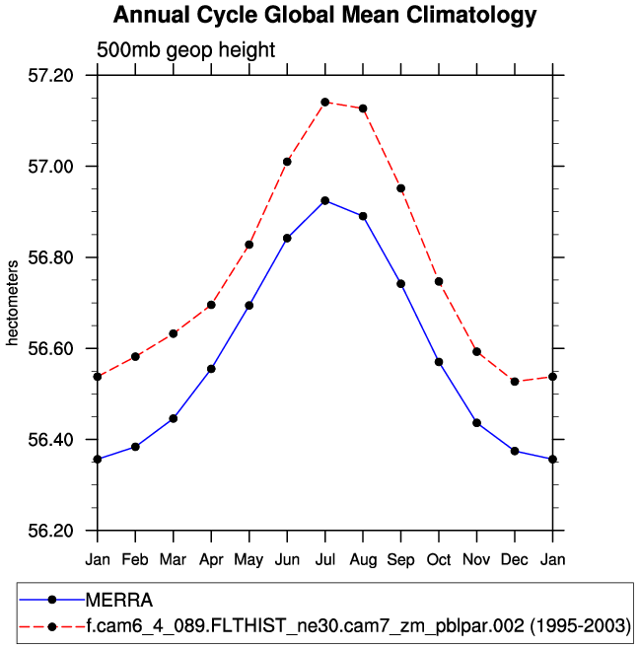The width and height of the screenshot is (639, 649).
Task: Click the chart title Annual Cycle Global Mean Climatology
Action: [x=325, y=16]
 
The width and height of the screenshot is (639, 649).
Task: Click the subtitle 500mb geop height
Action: [x=185, y=50]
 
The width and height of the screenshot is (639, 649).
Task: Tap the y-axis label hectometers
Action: [x=13, y=303]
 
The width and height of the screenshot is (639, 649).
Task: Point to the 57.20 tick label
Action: [x=53, y=75]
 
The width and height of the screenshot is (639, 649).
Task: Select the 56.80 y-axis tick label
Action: [x=53, y=257]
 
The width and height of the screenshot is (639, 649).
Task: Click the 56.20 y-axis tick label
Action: [x=53, y=531]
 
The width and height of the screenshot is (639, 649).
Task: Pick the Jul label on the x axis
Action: [x=324, y=559]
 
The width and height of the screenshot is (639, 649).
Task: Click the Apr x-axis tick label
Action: [x=211, y=559]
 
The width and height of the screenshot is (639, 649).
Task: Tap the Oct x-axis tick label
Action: [x=439, y=559]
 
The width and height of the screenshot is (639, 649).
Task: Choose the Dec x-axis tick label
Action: [x=515, y=559]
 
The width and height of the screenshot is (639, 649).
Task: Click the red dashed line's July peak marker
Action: [x=324, y=102]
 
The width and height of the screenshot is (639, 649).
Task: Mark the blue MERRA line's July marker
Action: [x=324, y=201]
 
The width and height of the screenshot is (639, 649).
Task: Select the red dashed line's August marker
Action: [x=363, y=108]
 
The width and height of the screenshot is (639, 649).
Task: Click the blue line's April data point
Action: [x=211, y=369]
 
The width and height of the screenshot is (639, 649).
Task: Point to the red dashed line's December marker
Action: [x=515, y=381]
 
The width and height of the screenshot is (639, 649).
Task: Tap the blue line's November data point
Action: [x=476, y=422]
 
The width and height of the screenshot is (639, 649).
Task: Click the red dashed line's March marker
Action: [x=174, y=333]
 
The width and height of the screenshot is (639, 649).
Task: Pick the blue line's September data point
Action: [x=400, y=284]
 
